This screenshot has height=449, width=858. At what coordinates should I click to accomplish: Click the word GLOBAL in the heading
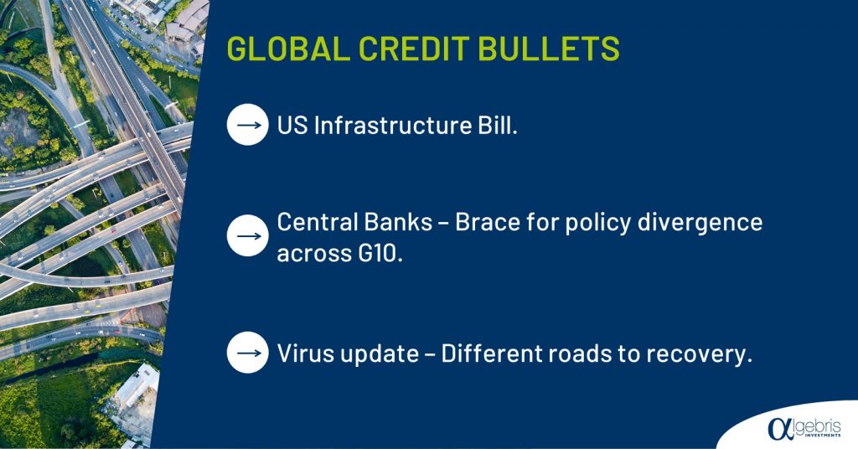click(288, 48)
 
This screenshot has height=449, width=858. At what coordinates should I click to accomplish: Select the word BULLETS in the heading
click(549, 48)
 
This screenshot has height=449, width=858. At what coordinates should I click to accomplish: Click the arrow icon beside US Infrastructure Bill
click(248, 125)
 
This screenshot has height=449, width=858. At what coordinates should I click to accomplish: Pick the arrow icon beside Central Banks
click(248, 235)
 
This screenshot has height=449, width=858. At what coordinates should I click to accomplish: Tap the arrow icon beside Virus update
click(248, 353)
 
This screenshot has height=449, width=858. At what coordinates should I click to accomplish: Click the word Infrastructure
click(392, 126)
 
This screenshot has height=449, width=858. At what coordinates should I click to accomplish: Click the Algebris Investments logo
click(804, 427)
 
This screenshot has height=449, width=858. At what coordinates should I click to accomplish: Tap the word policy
click(597, 223)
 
